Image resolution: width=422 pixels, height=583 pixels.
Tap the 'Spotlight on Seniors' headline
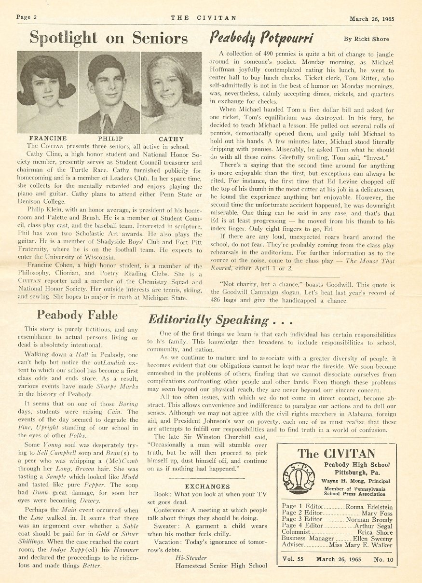pyautogui.click(x=109, y=38)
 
